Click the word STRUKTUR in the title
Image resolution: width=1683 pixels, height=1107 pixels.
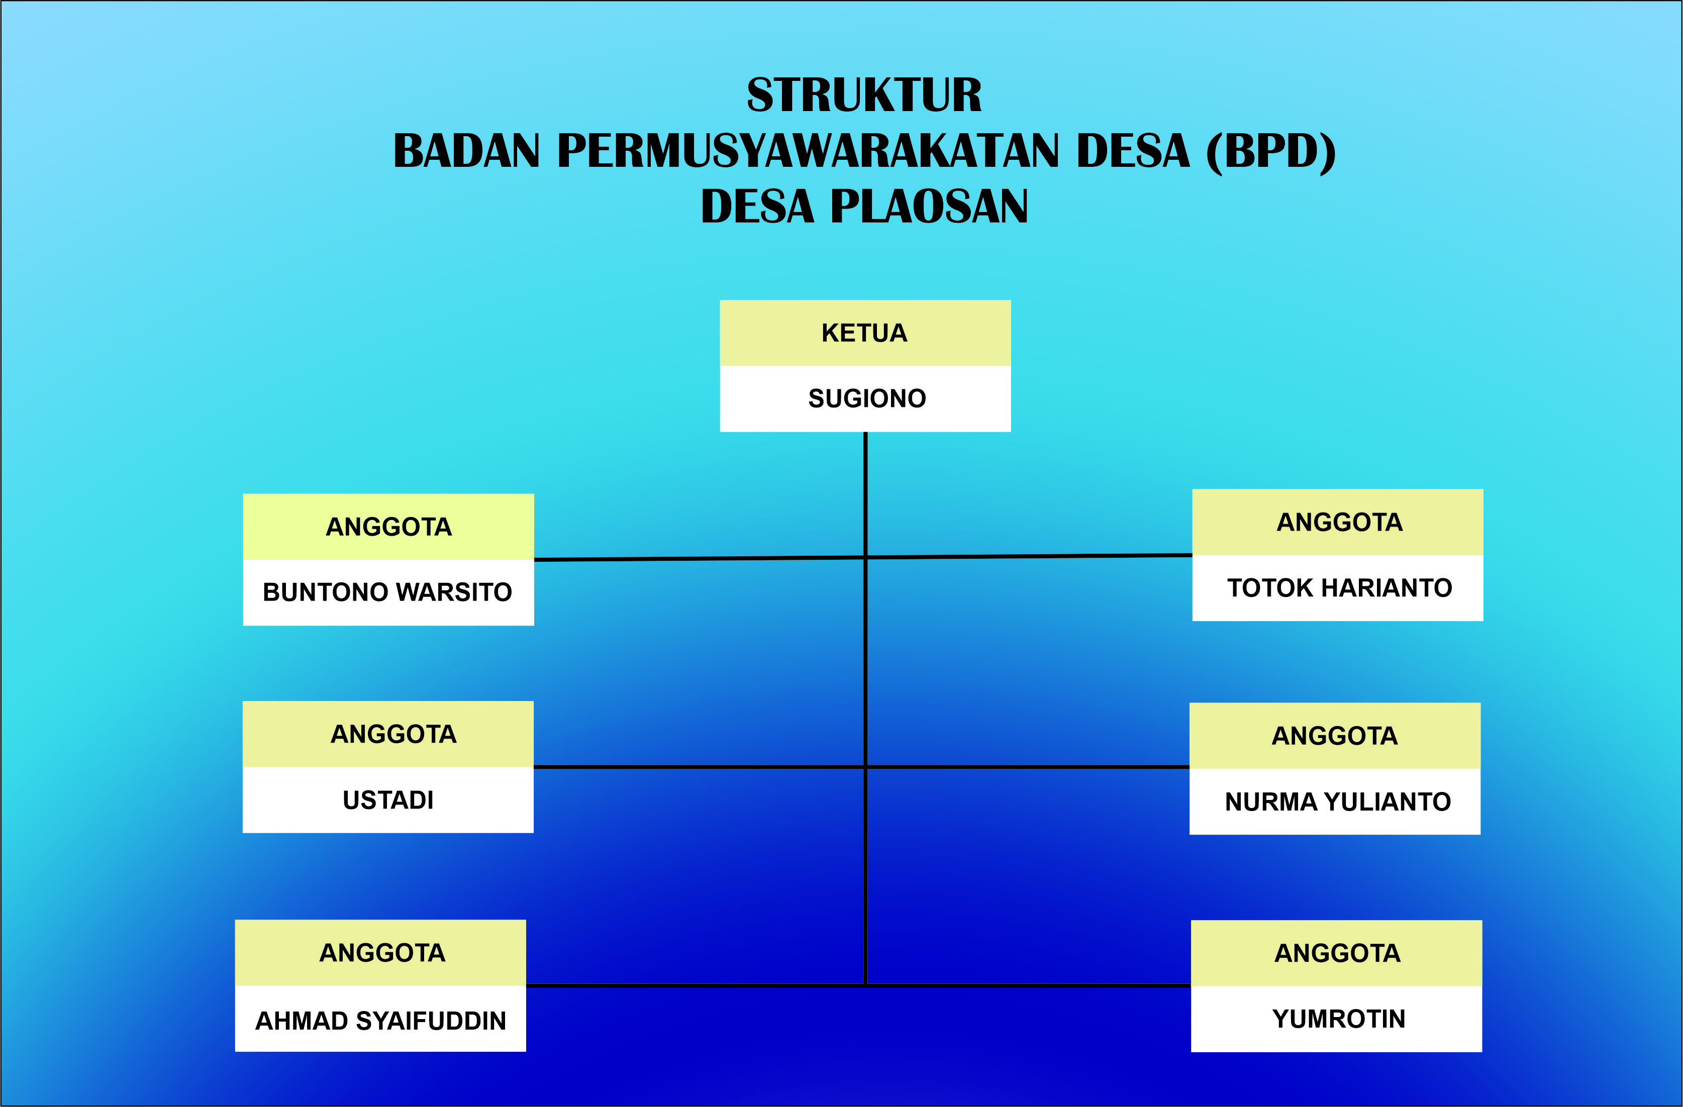864,95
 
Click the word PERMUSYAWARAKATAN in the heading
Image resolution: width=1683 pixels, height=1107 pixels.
808,151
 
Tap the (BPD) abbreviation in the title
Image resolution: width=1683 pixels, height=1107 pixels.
1270,151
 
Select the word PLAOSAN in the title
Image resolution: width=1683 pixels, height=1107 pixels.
929,207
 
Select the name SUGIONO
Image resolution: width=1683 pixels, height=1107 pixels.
866,398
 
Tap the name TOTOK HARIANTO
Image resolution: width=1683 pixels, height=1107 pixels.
1339,588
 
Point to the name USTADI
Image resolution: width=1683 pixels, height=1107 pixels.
387,800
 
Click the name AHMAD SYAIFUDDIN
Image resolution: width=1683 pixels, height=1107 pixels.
380,1021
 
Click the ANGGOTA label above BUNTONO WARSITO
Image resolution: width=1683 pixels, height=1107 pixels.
388,527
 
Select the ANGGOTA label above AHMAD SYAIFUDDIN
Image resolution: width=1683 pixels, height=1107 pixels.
382,953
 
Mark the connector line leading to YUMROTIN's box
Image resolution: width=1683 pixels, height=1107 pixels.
1029,985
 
